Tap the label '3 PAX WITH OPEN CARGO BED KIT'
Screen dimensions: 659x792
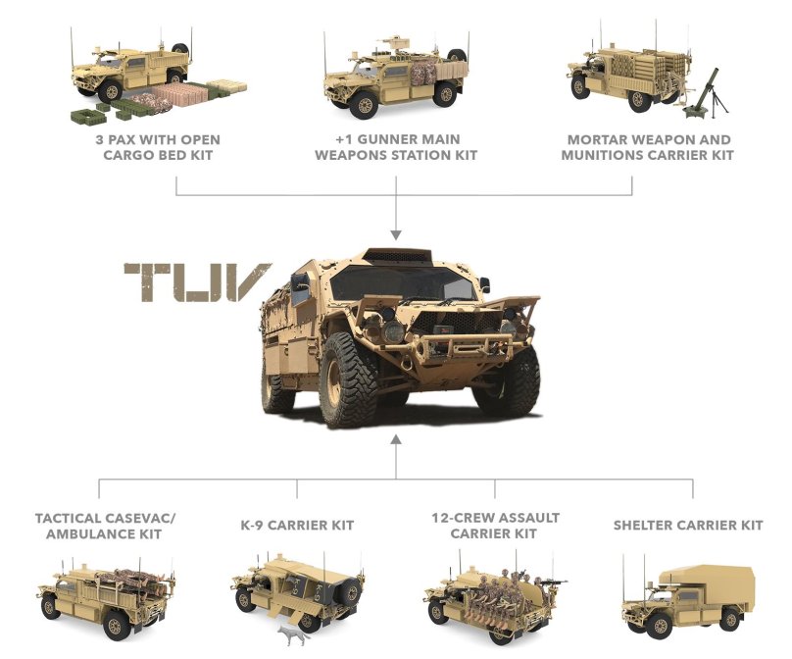point(164,147)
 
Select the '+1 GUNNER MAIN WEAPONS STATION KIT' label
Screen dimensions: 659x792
point(395,147)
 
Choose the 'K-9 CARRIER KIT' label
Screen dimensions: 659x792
point(297,526)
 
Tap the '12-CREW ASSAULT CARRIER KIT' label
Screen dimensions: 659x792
point(494,525)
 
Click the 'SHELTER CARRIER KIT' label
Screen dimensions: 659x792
point(688,526)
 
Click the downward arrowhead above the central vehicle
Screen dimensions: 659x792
point(395,234)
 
